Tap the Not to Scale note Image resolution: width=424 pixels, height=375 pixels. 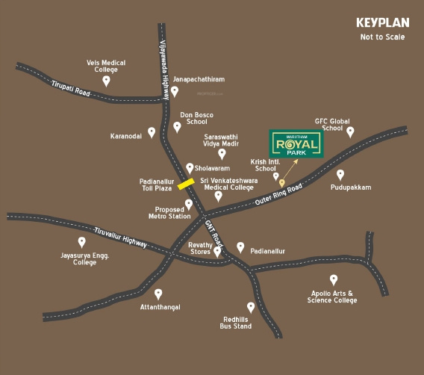(x=382, y=37)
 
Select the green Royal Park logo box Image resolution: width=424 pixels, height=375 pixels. (x=296, y=144)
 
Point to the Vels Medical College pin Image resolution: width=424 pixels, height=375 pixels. (x=106, y=81)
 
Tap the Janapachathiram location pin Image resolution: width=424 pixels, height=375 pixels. (x=174, y=91)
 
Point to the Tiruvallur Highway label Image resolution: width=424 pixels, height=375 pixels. (x=121, y=237)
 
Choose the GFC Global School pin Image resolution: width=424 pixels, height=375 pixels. (x=350, y=132)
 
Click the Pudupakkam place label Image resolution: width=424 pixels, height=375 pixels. (x=350, y=187)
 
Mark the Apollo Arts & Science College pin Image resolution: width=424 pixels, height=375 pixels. (x=333, y=279)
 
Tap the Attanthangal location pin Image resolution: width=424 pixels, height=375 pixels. (x=158, y=294)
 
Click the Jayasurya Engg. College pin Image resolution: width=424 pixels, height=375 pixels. (x=82, y=242)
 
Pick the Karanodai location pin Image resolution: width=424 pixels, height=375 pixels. (x=152, y=132)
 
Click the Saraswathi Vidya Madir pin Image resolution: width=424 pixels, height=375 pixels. (x=222, y=154)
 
